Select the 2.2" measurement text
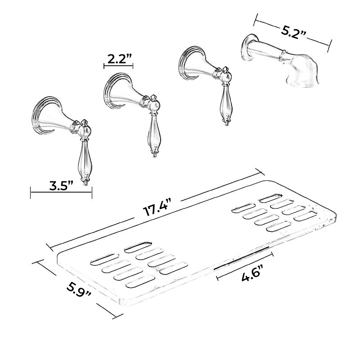(x=119, y=58)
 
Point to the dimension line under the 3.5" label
(x=61, y=193)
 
